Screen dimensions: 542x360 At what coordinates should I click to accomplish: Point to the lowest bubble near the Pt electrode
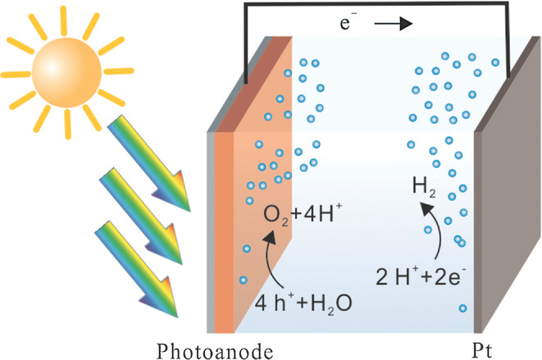coord(463,308)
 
